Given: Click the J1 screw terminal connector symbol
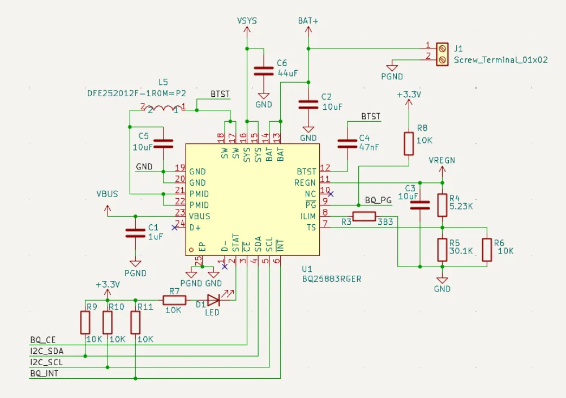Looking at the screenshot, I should pos(443,54).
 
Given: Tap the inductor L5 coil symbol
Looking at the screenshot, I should pos(163,109).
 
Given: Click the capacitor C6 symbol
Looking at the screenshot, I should pos(263,71).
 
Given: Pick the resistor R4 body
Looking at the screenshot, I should pos(442,205).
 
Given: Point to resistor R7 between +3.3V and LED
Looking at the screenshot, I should pos(174,300).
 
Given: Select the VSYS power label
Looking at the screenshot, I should pos(247,20).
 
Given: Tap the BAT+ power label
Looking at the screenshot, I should pos(308,20).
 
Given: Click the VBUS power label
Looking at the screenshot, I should pos(108,194).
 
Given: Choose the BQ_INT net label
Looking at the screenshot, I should pos(44,373).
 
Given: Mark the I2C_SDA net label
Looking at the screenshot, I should pos(46,351).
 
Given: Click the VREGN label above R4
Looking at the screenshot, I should pos(441,160).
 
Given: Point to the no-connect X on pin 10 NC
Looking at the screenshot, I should pos(331,194).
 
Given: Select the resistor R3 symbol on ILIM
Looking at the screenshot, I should pos(364,216).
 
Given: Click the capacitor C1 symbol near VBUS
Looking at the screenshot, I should pos(135,232).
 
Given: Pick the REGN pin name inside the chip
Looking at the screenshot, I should pos(305,182).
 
